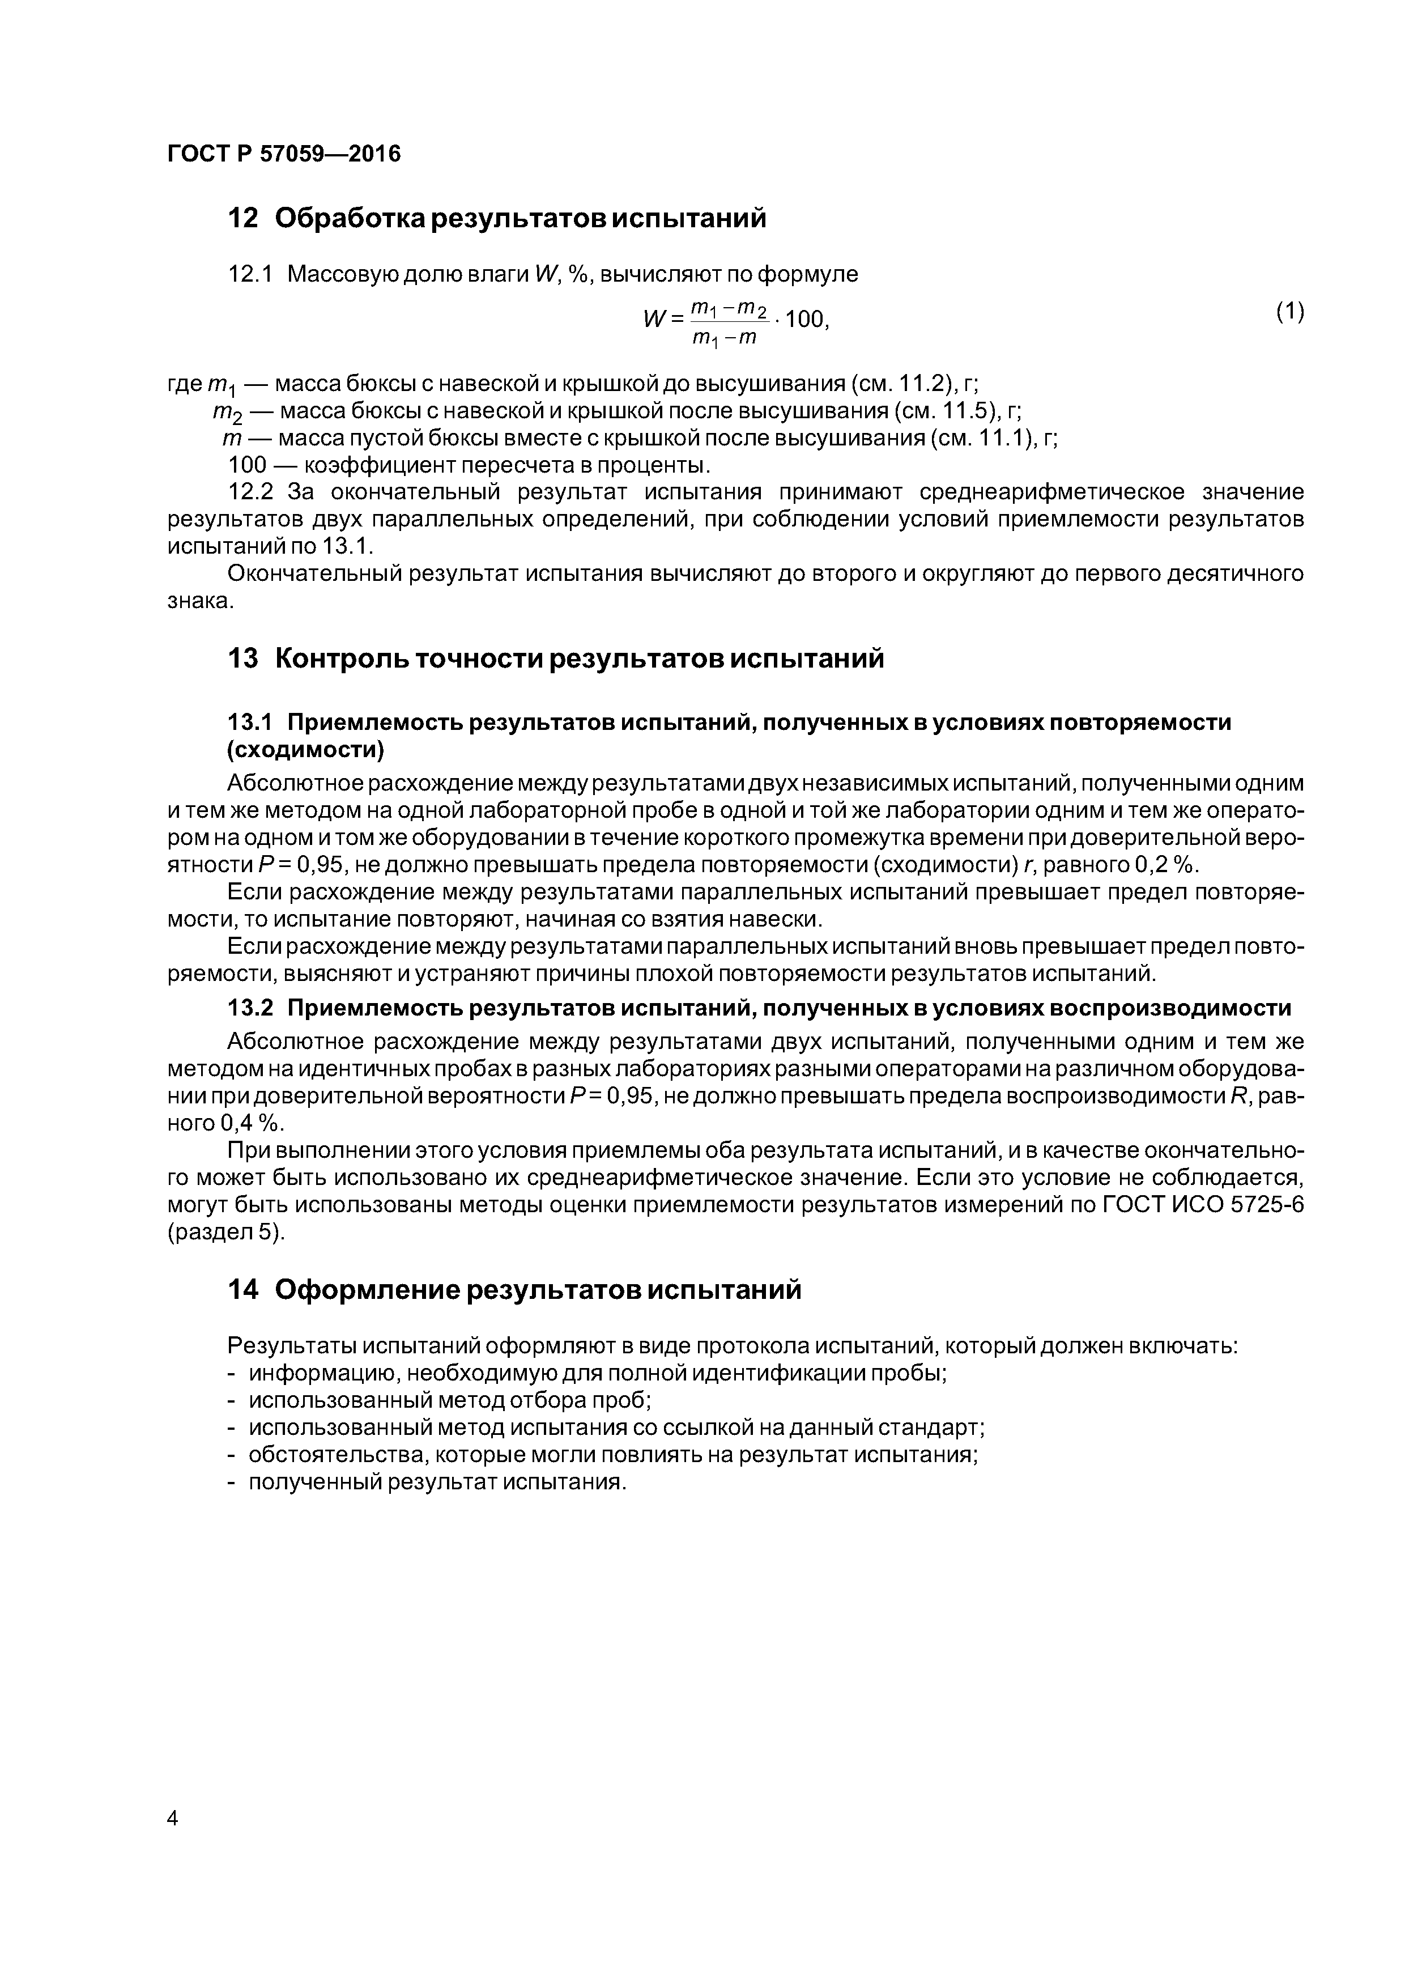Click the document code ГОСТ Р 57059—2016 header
point(284,154)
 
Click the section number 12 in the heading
point(243,218)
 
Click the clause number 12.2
point(250,492)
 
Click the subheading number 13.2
point(250,1008)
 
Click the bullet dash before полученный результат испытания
point(231,1481)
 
